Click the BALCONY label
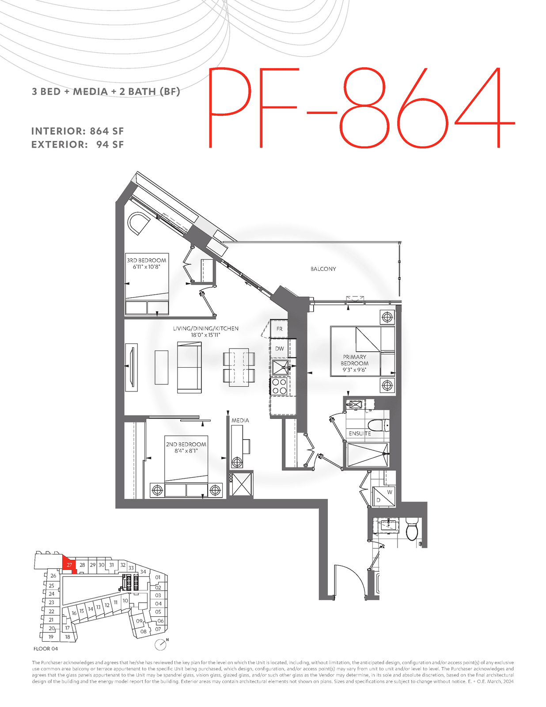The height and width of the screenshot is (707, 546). point(323,269)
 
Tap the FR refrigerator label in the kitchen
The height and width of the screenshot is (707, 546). point(279,329)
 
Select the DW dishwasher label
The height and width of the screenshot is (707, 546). point(279,349)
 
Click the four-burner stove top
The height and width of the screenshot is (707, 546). point(279,386)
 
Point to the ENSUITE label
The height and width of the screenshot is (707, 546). point(360,433)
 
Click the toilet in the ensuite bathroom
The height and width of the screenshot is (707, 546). point(378,425)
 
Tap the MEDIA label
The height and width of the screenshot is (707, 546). point(240,420)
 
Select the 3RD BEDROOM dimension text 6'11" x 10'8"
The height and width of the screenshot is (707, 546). point(147,267)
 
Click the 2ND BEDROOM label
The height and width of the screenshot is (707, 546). point(186,444)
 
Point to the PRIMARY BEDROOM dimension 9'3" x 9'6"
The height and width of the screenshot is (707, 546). point(354,370)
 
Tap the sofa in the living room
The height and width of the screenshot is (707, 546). point(189,367)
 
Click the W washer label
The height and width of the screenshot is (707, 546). point(390,492)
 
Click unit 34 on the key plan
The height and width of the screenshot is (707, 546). point(143,572)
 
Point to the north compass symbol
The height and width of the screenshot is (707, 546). point(161,645)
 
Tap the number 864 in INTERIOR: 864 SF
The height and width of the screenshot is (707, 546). point(99,131)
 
